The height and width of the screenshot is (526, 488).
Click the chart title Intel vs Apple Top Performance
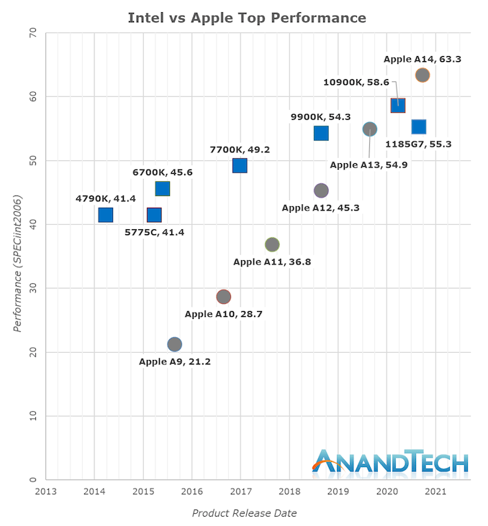click(x=247, y=17)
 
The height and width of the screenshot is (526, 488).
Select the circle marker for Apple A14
click(x=423, y=75)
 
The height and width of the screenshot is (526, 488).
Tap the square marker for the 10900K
click(x=398, y=106)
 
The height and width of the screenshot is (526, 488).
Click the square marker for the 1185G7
click(x=418, y=126)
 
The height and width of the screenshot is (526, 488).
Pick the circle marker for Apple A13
click(x=369, y=129)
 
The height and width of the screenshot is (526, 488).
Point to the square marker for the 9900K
click(x=321, y=133)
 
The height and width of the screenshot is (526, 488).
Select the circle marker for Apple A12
click(x=321, y=190)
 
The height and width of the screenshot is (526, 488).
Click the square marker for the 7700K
click(x=240, y=166)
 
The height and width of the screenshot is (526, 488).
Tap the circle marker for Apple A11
click(x=272, y=244)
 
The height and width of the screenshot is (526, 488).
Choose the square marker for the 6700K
click(x=163, y=189)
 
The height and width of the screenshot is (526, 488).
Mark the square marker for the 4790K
click(x=106, y=215)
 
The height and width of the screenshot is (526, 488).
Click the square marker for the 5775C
click(x=154, y=215)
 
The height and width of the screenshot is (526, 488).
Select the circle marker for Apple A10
click(x=224, y=297)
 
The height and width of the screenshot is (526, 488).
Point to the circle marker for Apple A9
click(x=174, y=344)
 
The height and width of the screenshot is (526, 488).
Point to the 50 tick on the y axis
click(x=33, y=160)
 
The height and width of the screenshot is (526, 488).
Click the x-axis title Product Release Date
click(x=244, y=513)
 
